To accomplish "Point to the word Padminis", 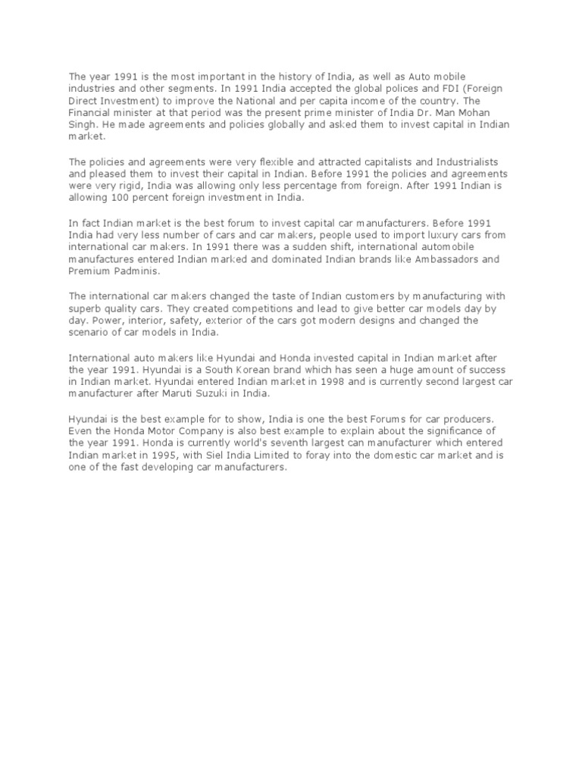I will click(x=133, y=271).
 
